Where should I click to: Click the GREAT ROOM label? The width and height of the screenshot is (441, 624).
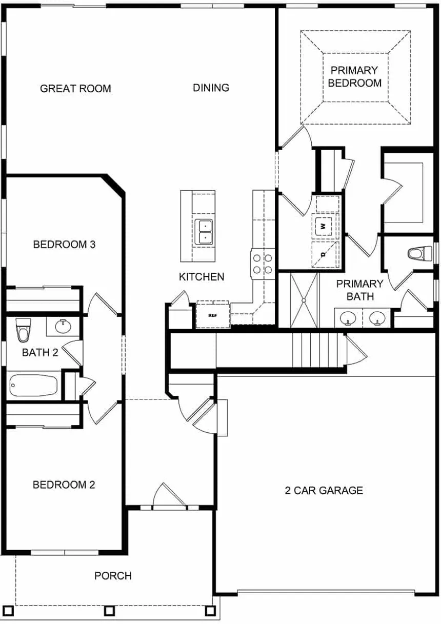point(75,89)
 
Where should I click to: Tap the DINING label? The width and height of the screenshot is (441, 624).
point(211,88)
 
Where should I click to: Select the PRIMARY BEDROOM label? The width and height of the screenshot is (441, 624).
point(354,76)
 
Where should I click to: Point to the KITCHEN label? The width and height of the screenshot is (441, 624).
point(202,277)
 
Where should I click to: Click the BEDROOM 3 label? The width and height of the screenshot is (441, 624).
point(64,245)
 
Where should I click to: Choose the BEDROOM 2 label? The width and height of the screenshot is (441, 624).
point(64,485)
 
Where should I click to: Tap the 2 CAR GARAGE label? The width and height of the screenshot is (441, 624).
point(324,491)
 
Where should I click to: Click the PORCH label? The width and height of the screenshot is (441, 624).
point(113,576)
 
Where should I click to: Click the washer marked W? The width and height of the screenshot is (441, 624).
point(324,225)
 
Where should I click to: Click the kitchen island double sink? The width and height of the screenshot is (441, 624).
point(204,231)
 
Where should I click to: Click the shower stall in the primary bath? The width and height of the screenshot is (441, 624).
point(304,300)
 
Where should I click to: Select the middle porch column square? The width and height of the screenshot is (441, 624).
point(109,611)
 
